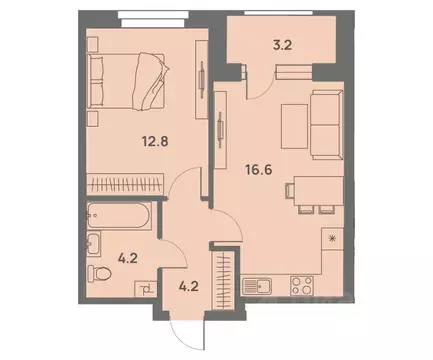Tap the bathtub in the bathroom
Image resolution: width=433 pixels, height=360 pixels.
click(x=118, y=218)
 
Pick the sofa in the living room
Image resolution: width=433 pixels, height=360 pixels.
click(x=326, y=122)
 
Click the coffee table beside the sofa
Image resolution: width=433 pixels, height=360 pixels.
click(x=291, y=122)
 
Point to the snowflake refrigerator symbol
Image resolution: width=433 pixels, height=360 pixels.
click(x=332, y=239)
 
